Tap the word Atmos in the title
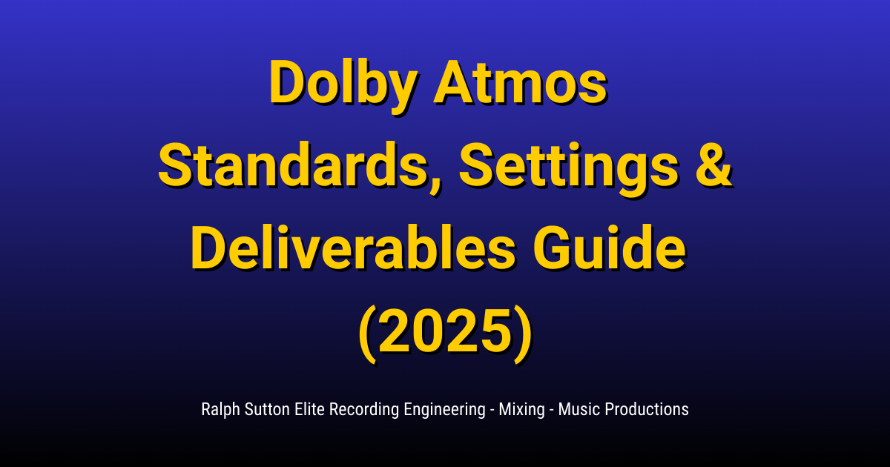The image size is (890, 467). pos(520,84)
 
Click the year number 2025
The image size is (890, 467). pos(444,331)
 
